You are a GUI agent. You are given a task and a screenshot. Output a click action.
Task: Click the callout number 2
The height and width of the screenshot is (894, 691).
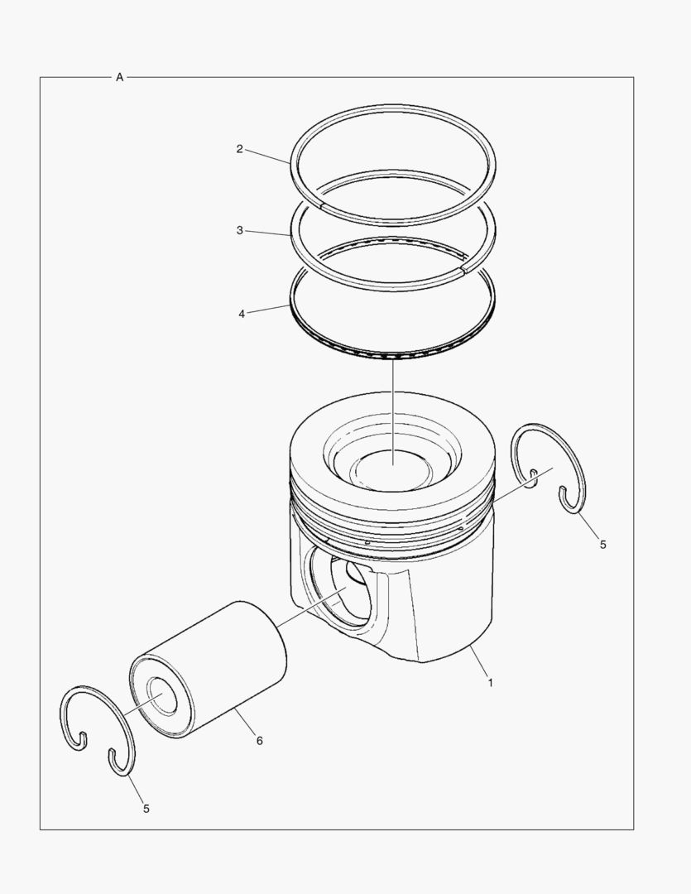pyautogui.click(x=239, y=149)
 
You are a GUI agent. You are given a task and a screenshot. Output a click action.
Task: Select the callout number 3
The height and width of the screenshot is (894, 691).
pyautogui.click(x=239, y=230)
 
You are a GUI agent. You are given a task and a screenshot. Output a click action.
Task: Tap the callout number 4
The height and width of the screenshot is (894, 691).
pyautogui.click(x=241, y=315)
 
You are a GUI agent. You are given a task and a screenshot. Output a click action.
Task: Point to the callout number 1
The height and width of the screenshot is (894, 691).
pyautogui.click(x=490, y=683)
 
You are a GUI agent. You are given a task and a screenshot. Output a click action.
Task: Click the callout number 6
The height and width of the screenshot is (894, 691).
pyautogui.click(x=259, y=741)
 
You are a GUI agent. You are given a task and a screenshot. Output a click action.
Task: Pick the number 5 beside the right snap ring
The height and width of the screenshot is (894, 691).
pyautogui.click(x=602, y=545)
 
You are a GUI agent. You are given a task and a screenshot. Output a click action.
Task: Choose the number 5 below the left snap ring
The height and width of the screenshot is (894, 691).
pyautogui.click(x=146, y=808)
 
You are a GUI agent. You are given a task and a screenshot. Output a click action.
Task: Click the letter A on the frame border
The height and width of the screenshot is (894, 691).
pyautogui.click(x=119, y=77)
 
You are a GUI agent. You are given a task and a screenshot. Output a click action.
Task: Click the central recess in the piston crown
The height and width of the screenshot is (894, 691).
pyautogui.click(x=392, y=468)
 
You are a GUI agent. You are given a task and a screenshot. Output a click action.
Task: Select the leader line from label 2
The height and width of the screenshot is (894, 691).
pyautogui.click(x=267, y=156)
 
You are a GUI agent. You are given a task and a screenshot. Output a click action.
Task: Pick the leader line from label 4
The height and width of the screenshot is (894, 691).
pyautogui.click(x=268, y=310)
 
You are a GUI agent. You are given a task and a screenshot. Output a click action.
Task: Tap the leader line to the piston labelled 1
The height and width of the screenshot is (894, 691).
pyautogui.click(x=478, y=665)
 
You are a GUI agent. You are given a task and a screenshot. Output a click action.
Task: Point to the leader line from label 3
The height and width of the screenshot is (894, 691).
pyautogui.click(x=267, y=233)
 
